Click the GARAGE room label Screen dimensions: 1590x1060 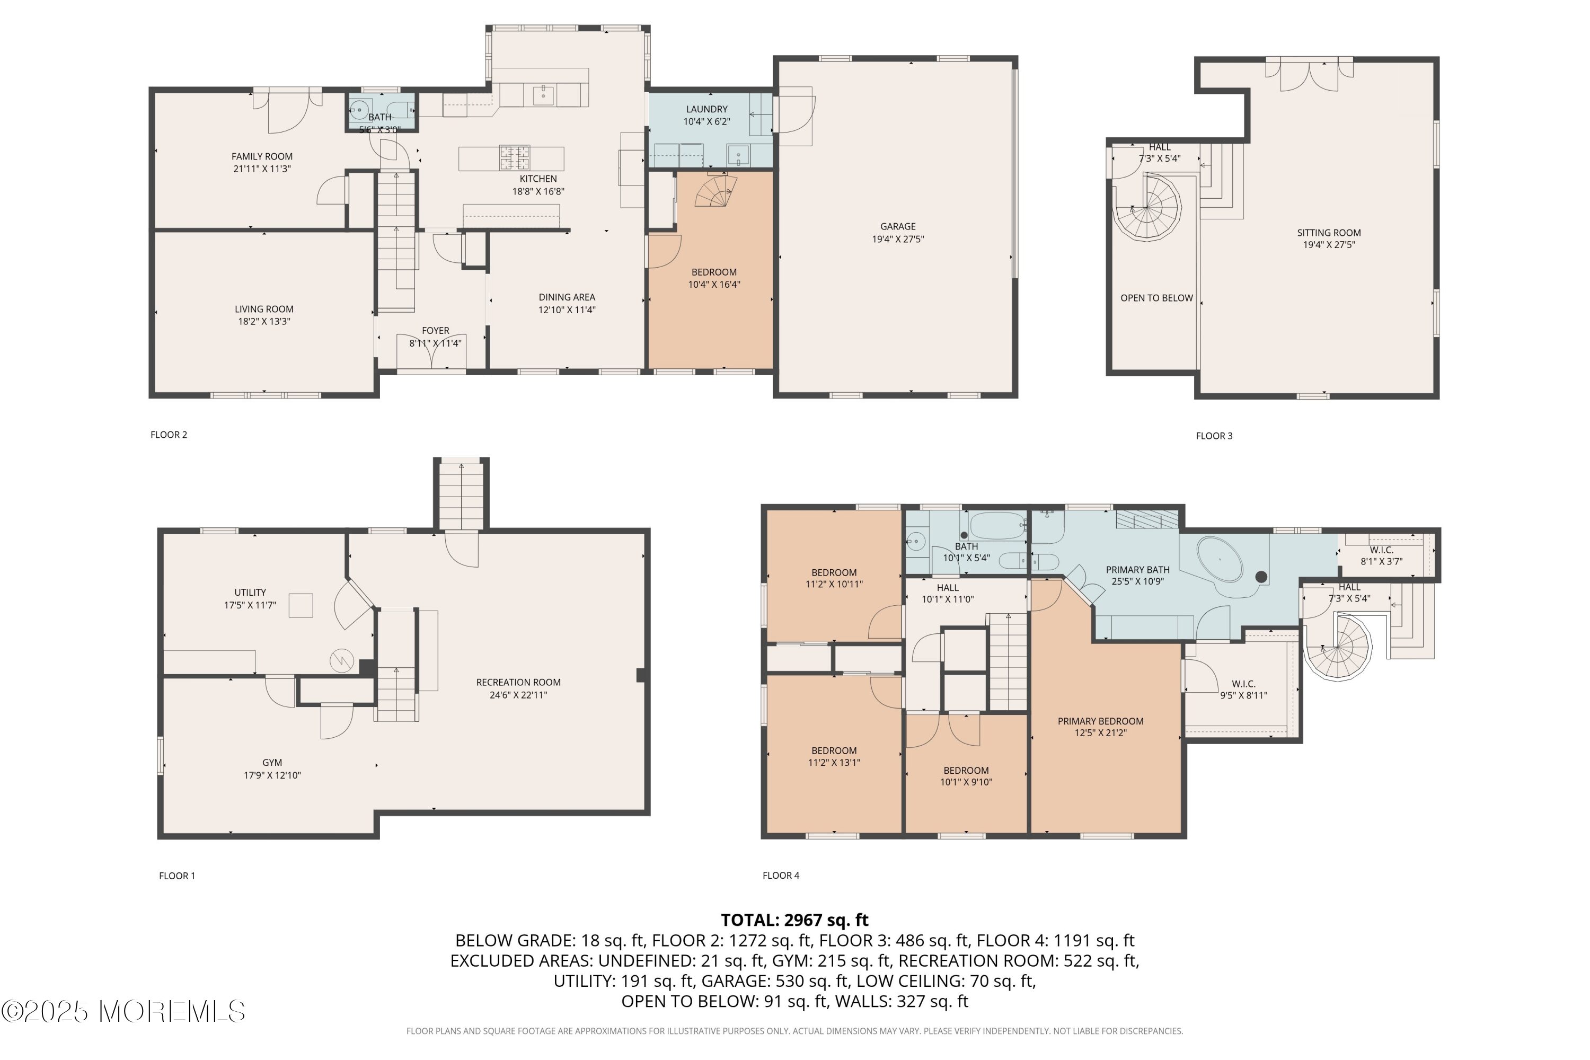[x=898, y=226]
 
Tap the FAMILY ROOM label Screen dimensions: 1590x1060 [x=262, y=156]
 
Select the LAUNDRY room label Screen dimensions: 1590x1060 [x=707, y=109]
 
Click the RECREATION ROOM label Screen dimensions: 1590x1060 [x=518, y=682]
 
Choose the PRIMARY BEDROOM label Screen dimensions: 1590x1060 [x=1101, y=721]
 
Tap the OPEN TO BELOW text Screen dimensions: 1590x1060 [x=1156, y=297]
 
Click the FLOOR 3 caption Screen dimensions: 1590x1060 [x=1214, y=436]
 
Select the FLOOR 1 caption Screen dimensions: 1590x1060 [x=177, y=876]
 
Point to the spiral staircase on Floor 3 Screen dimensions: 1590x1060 [x=1147, y=207]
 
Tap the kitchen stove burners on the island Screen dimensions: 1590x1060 [x=515, y=158]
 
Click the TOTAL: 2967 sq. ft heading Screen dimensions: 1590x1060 [x=794, y=920]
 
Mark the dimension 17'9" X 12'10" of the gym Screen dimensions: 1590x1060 [x=272, y=775]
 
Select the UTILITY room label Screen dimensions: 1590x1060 [x=250, y=592]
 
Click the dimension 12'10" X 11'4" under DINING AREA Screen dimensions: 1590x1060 [x=567, y=310]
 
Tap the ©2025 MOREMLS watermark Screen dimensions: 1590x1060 [x=123, y=1011]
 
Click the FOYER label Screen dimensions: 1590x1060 [x=435, y=331]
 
